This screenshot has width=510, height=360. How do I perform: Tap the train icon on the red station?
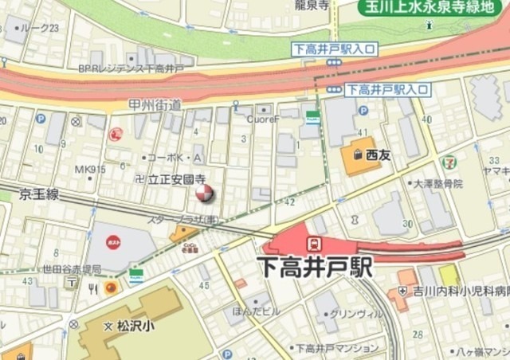(x=316, y=241)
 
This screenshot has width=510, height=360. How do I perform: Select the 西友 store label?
(x=377, y=155)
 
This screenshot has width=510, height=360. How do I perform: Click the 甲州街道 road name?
(x=155, y=104)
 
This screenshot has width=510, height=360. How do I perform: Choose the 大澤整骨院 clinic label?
(x=437, y=183)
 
